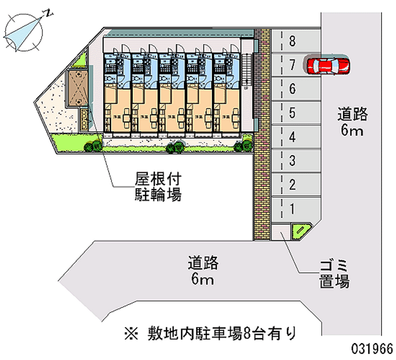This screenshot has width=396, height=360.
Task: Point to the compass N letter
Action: pyautogui.click(x=48, y=13)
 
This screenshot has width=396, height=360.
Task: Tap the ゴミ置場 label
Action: pyautogui.click(x=334, y=275)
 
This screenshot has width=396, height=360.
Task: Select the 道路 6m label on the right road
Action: pyautogui.click(x=352, y=122)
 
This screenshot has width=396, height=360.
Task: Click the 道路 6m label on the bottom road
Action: pyautogui.click(x=203, y=270)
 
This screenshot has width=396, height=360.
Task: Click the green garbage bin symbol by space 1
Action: pyautogui.click(x=300, y=230)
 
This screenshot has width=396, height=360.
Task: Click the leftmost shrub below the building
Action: pyautogui.click(x=93, y=146)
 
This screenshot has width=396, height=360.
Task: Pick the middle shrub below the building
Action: pyautogui.click(x=175, y=147)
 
